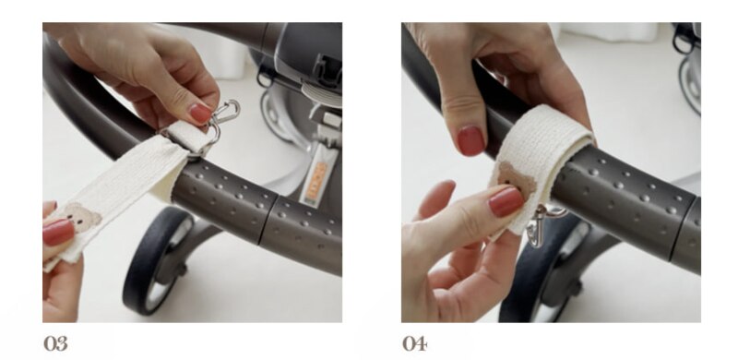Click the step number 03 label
(55, 343)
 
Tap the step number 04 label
(414, 343)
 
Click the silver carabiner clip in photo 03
(226, 112)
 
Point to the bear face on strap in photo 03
(81, 217)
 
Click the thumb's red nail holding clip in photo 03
(201, 114)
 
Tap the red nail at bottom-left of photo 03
(58, 233)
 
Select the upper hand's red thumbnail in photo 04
(471, 140)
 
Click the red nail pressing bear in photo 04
(506, 201)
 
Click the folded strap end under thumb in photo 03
(187, 137)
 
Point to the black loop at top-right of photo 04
(684, 38)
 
